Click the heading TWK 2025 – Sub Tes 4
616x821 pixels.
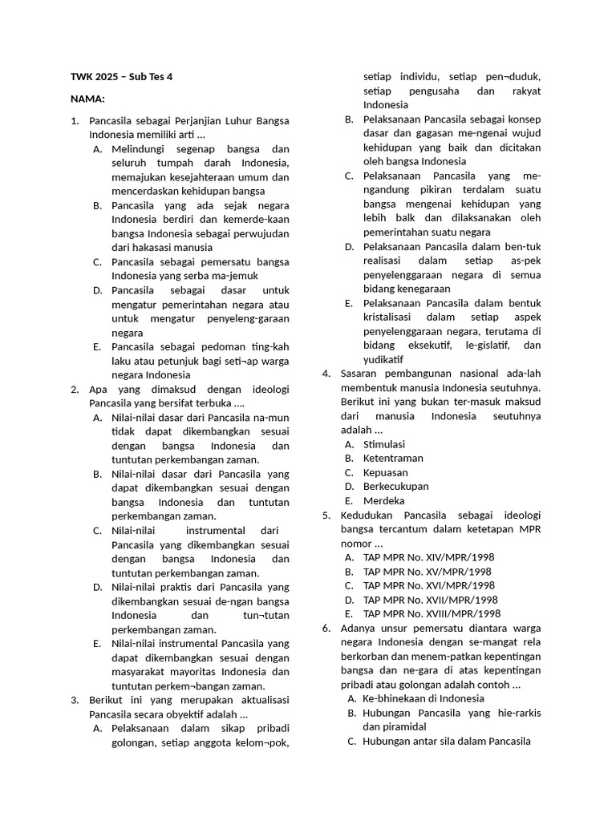pyautogui.click(x=121, y=77)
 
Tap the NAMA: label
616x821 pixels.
pyautogui.click(x=87, y=99)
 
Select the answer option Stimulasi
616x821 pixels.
pyautogui.click(x=384, y=444)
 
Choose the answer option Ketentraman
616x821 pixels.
pyautogui.click(x=393, y=459)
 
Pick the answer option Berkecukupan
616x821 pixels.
pyautogui.click(x=395, y=487)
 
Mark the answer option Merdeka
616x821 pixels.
pyautogui.click(x=383, y=501)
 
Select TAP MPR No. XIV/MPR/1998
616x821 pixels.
pyautogui.click(x=428, y=557)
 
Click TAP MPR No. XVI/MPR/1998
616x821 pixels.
pyautogui.click(x=428, y=585)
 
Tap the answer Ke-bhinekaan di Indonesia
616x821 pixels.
pyautogui.click(x=423, y=698)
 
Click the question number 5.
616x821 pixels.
pyautogui.click(x=327, y=515)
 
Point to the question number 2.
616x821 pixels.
pyautogui.click(x=75, y=389)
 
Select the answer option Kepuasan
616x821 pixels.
pyautogui.click(x=385, y=472)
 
